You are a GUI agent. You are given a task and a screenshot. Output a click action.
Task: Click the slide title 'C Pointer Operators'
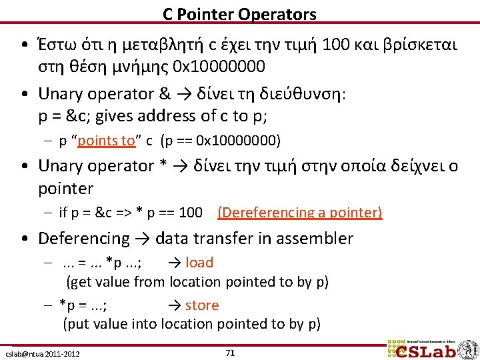point(240,13)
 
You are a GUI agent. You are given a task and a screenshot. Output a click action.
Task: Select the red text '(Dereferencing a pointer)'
point(300,213)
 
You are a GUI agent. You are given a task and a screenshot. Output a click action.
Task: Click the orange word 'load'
point(199,263)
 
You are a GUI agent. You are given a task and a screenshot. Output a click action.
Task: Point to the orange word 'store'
point(202,305)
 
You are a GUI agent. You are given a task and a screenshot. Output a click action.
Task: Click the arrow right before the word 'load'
point(175,263)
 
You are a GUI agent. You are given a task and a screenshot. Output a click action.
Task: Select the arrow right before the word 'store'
point(175,305)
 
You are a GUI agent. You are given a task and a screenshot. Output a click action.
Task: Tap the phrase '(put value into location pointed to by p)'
point(192,325)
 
